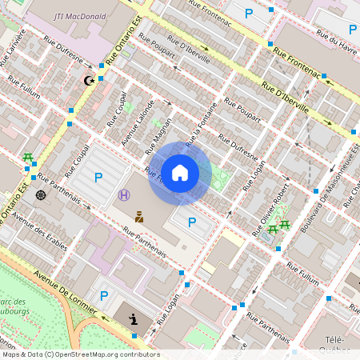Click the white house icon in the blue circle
[x=180, y=173]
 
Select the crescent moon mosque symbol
[x=90, y=80]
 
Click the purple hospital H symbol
[x=124, y=194]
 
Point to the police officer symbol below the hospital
[x=139, y=216]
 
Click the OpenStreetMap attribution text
[x=80, y=354]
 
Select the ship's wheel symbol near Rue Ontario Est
[x=41, y=194]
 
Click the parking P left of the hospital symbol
[x=98, y=178]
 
